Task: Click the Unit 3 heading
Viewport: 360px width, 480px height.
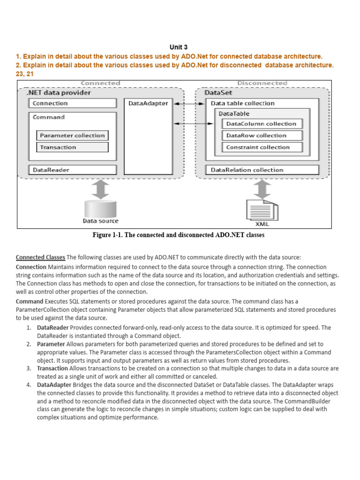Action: (178, 47)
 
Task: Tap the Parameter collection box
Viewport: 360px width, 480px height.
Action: (73, 135)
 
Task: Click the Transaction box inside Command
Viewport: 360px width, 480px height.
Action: (73, 147)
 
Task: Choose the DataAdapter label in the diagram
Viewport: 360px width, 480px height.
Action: (148, 103)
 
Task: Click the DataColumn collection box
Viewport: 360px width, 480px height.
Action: (262, 124)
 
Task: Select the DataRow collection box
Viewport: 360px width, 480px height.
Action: (262, 135)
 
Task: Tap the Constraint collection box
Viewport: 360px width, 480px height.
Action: (262, 147)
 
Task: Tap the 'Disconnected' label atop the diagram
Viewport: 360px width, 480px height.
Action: (262, 83)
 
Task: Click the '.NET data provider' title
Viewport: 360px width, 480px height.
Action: (59, 93)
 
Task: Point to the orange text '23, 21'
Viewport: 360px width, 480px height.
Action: (25, 74)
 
